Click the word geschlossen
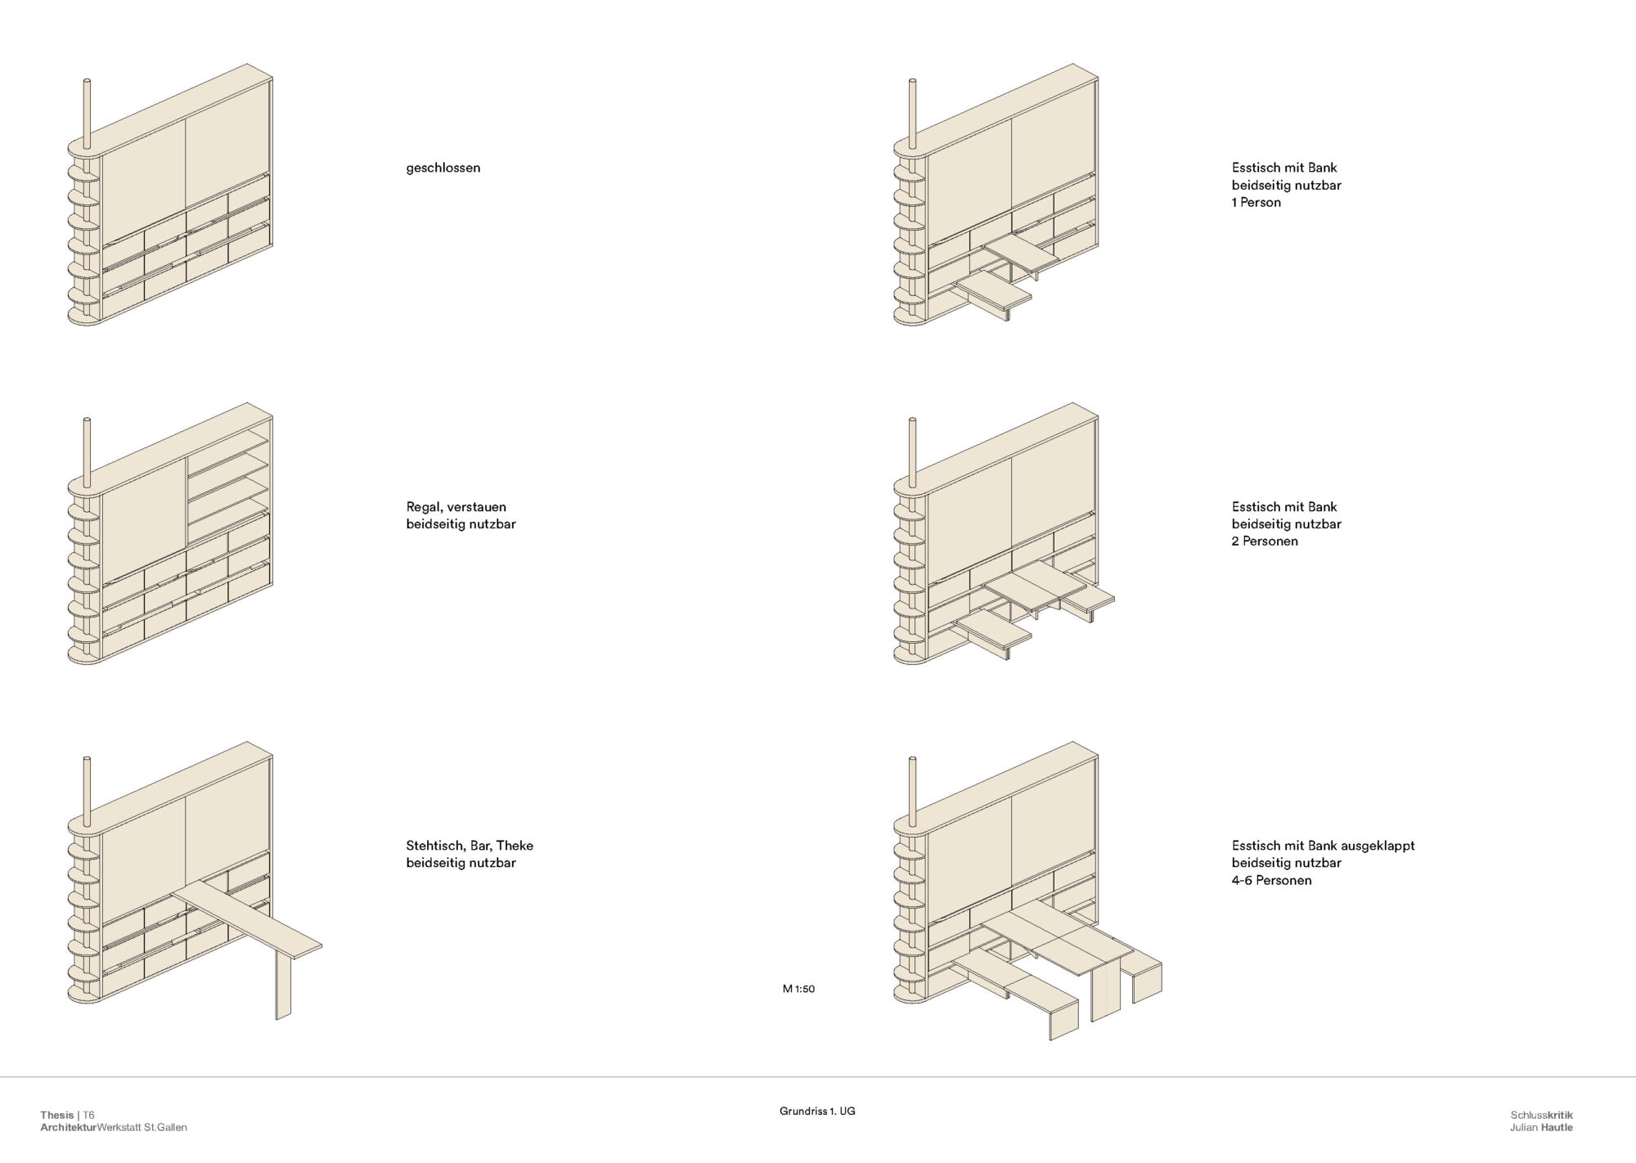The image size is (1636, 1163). pos(443,168)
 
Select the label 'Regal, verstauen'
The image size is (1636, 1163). pos(456,507)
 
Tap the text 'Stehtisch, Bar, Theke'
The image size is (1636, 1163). pos(470,846)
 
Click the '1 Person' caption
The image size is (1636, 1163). pos(1256,202)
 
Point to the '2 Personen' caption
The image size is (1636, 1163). pos(1265,541)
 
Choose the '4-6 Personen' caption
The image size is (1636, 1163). pos(1271,880)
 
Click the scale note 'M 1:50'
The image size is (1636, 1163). pos(798,989)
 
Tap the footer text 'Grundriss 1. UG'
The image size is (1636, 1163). pos(817,1111)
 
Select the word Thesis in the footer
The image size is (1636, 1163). pos(57,1116)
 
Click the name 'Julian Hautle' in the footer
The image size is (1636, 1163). pos(1541,1128)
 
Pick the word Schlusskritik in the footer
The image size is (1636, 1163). pos(1542,1116)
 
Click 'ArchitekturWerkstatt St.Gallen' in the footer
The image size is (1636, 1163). pos(114,1128)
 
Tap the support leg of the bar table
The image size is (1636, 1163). pos(283,985)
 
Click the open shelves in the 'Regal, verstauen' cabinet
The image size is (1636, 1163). pos(228,484)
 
